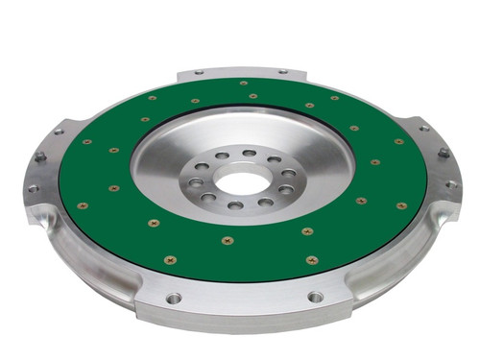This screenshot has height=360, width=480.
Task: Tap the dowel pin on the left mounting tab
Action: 39,157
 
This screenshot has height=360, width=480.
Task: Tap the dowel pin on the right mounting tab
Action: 444,153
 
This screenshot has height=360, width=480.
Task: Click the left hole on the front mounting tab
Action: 173,299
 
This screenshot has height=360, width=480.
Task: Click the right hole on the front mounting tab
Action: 315,297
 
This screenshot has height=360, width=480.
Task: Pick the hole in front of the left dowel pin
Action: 33,188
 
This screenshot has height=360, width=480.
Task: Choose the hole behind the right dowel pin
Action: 423,128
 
